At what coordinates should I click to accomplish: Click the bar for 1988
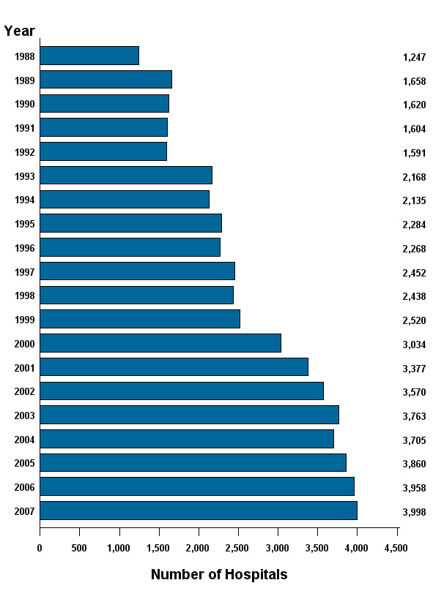[89, 56]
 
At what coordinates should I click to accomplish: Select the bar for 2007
[199, 511]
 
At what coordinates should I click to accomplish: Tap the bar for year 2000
[160, 343]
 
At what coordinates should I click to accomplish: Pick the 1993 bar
[126, 176]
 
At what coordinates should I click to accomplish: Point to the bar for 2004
[187, 439]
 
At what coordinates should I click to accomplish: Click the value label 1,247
[414, 57]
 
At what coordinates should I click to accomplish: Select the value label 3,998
[414, 512]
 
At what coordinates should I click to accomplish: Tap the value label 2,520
[414, 320]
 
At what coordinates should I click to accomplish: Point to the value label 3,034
[414, 345]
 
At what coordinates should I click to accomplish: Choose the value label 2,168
[414, 177]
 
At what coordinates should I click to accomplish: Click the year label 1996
[25, 248]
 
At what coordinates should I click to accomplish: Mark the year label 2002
[25, 392]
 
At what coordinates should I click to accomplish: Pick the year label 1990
[25, 105]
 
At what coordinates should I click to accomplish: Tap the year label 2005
[25, 464]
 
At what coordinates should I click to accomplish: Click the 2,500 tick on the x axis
[238, 548]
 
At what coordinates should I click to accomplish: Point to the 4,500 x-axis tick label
[396, 548]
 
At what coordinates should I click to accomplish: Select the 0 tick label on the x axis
[40, 548]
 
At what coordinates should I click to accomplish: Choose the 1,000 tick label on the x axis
[119, 548]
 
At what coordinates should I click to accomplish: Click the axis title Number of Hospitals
[219, 574]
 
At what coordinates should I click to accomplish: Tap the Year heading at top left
[19, 31]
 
